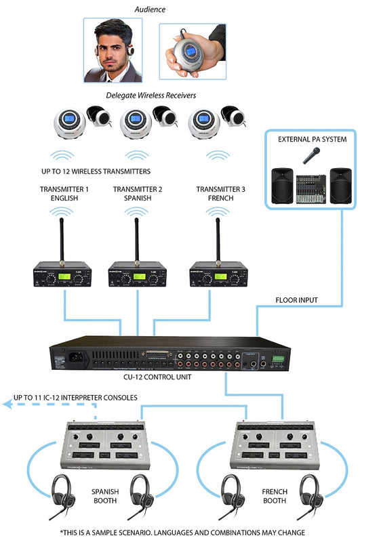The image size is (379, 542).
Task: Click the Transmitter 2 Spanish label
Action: tap(138, 194)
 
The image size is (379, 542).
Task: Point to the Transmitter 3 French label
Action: tap(218, 194)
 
